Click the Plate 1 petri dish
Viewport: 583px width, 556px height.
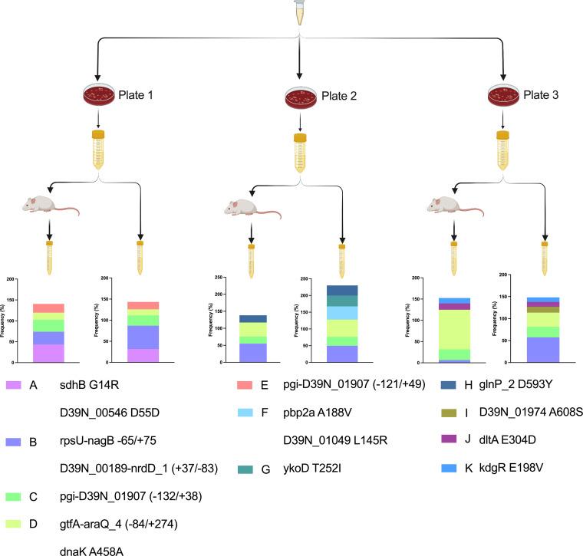click(x=98, y=97)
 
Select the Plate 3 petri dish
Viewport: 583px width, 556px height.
click(x=504, y=96)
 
